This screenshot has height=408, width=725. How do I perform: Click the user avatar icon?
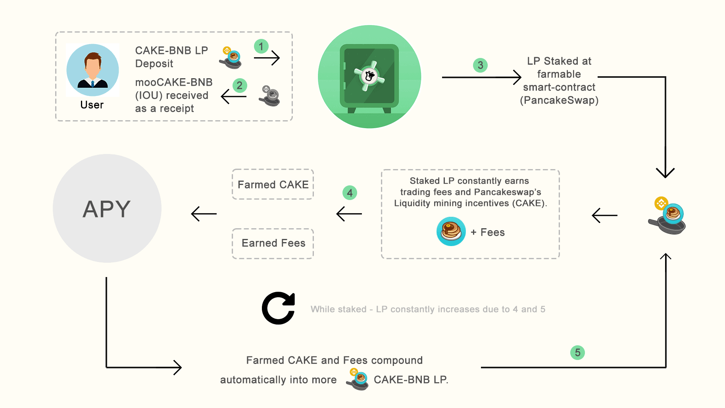[x=92, y=70]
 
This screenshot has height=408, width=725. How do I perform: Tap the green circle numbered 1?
[x=261, y=46]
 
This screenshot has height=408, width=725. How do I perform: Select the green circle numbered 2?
[x=240, y=85]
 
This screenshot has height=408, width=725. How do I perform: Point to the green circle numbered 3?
[x=480, y=65]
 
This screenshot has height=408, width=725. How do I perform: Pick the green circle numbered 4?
[x=350, y=193]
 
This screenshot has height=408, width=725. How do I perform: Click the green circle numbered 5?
[x=577, y=352]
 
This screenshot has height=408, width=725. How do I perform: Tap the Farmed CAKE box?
[x=273, y=185]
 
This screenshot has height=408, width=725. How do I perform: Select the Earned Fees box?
[x=273, y=243]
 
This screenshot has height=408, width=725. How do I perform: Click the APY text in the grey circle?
[x=107, y=209]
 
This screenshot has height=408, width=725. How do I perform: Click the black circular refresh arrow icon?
[x=278, y=308]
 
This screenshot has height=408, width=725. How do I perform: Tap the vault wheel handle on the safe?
[x=369, y=76]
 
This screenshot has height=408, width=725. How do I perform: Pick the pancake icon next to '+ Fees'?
[x=451, y=231]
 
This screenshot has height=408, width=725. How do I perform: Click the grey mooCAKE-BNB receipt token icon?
[x=270, y=96]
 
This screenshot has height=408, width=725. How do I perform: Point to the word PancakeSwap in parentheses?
[x=559, y=100]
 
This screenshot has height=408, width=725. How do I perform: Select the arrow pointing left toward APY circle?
[x=204, y=214]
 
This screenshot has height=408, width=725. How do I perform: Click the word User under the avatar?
[x=92, y=105]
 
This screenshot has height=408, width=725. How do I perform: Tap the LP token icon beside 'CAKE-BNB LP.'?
[x=358, y=379]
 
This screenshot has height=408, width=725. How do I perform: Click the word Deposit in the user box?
[x=154, y=64]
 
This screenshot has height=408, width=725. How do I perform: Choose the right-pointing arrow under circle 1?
[x=267, y=58]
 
